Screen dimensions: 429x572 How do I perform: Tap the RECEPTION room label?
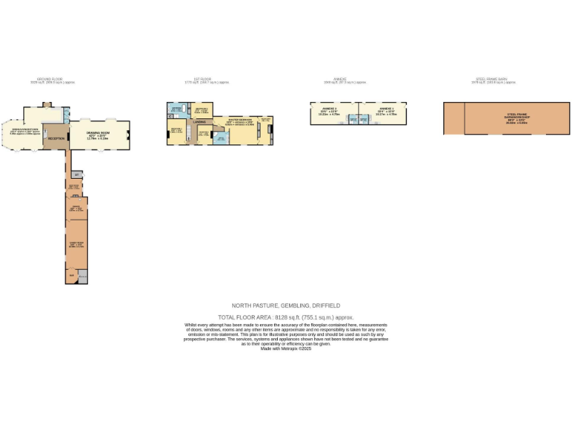[x=56, y=139]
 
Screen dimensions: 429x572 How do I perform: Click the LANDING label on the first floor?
[x=200, y=121]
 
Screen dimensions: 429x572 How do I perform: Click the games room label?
[x=76, y=242]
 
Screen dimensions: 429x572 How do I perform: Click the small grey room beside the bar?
[x=82, y=276]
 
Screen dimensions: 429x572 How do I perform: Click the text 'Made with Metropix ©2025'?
[x=285, y=349]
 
